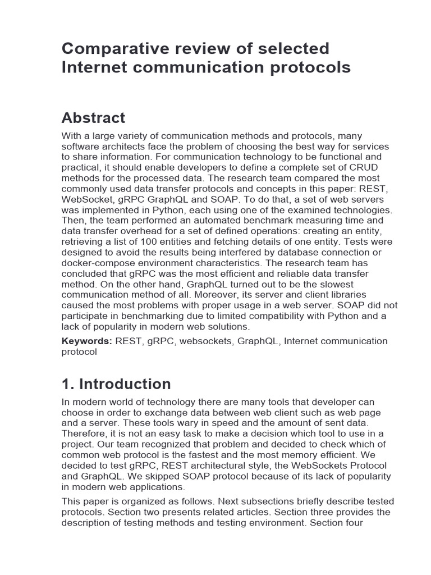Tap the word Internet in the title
coord(94,67)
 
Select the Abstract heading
coord(93,118)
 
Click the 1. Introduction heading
coord(116,384)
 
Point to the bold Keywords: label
coord(87,341)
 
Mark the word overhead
coord(136,231)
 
